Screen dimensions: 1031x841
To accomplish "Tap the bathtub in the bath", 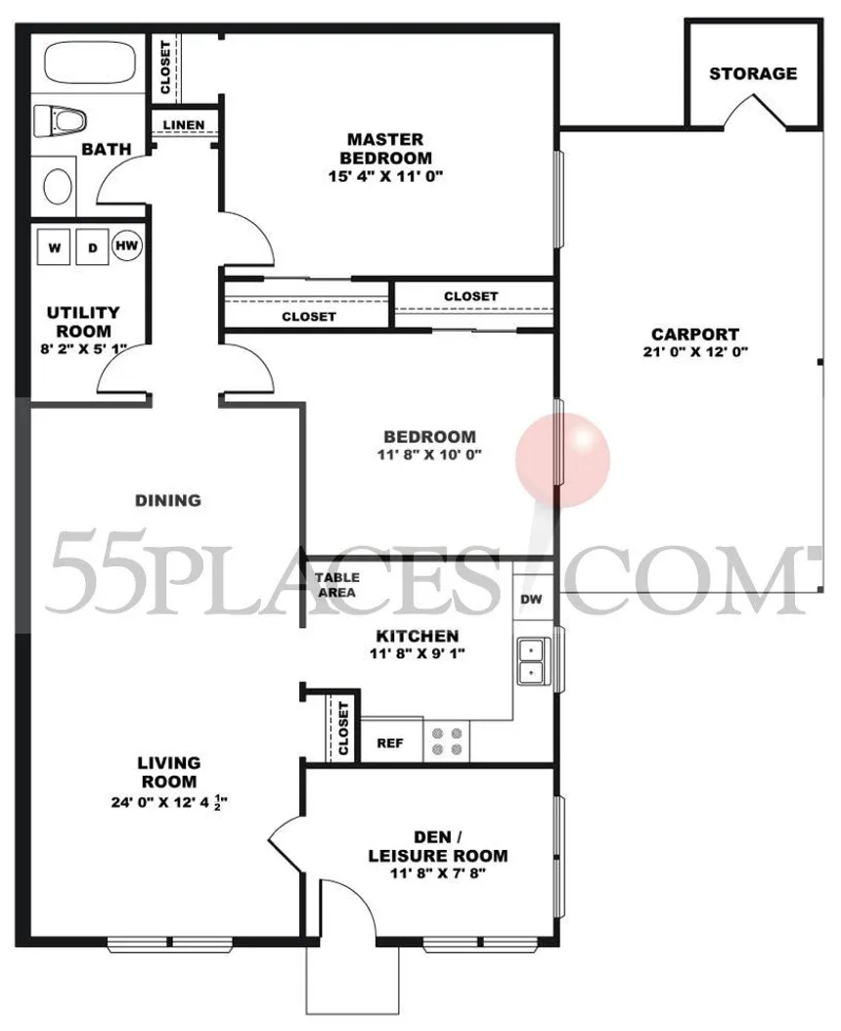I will [89, 64].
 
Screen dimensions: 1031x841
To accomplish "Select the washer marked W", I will [55, 248].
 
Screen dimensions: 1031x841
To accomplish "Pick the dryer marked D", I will [93, 248].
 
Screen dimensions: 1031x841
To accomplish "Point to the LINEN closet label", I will [184, 125].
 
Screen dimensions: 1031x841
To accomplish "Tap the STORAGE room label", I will [752, 73].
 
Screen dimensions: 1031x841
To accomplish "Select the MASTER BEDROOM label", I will [387, 149].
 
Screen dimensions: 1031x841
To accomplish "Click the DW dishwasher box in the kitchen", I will [531, 600].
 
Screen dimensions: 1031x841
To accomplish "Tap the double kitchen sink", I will [532, 660].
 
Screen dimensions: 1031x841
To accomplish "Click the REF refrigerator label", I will [390, 743].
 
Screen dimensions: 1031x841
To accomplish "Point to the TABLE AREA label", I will [335, 585].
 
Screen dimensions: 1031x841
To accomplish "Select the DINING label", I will [167, 500].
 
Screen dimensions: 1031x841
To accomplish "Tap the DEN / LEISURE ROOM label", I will [437, 846].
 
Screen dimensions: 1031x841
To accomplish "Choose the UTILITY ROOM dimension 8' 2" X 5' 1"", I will [84, 346].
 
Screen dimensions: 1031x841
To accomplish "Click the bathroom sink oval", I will [60, 184].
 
